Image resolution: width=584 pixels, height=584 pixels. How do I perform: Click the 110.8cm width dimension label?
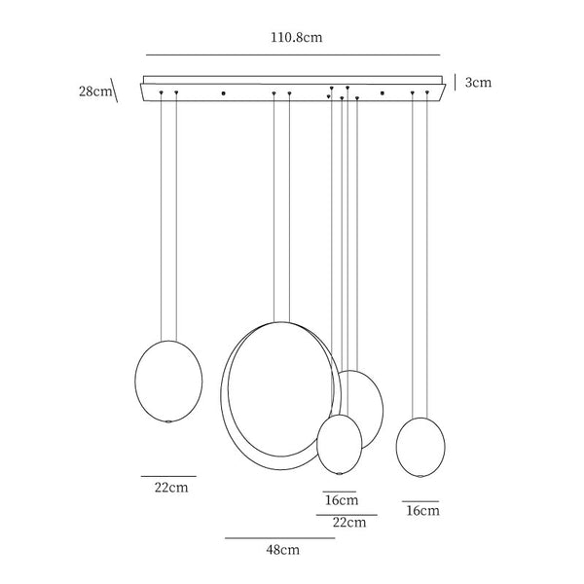[x=297, y=38]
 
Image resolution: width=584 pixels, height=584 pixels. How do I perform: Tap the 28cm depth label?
[x=95, y=91]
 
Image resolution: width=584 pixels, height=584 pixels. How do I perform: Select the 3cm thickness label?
[x=478, y=83]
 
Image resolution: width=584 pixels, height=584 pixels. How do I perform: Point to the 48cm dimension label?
[x=282, y=550]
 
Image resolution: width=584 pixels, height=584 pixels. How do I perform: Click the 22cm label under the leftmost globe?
[x=171, y=488]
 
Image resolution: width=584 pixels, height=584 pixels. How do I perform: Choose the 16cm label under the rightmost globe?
[x=422, y=510]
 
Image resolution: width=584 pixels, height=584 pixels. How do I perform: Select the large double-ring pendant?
[x=221, y=395]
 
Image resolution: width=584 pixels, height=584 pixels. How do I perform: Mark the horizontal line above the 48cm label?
[x=280, y=538]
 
